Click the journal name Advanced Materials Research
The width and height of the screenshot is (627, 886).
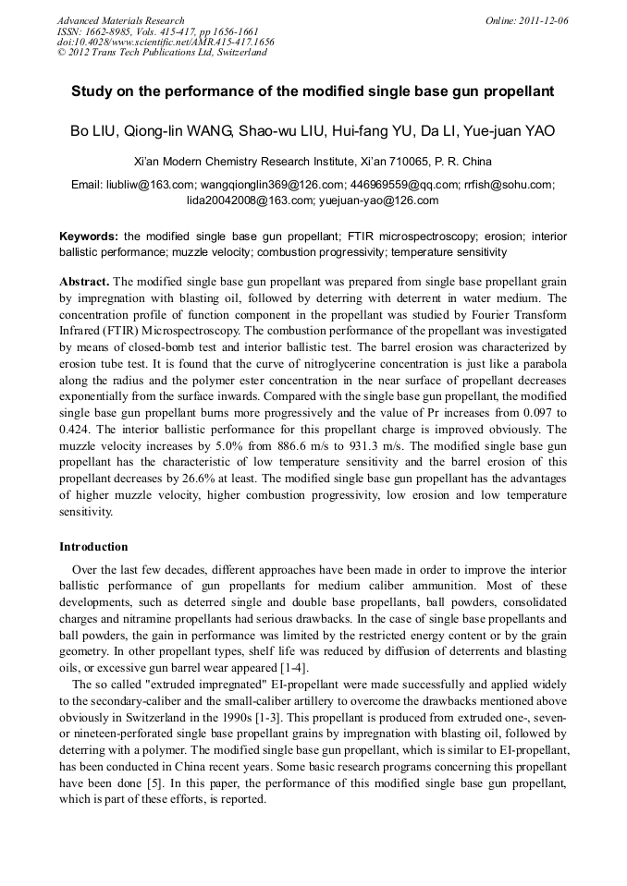[x=120, y=20]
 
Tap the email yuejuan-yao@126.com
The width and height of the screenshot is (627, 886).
[x=379, y=200]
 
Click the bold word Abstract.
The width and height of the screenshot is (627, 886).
[x=84, y=281]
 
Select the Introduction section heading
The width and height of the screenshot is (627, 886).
[x=93, y=547]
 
